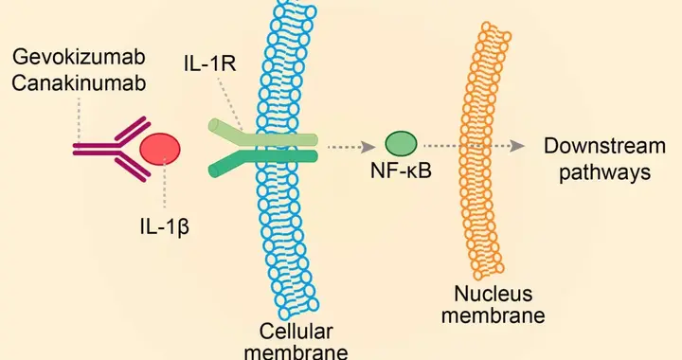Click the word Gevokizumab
point(79,57)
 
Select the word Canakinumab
point(79,83)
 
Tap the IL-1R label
point(210,63)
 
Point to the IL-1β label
point(165,227)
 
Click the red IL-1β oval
point(160,150)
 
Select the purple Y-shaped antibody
point(112,149)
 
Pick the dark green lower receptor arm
point(262,161)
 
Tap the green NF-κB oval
point(401,144)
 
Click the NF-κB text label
point(401,171)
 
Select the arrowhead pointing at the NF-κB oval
point(369,148)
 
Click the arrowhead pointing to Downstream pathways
point(517,146)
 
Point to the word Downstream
point(604,146)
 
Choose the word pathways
point(604,172)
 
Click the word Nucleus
point(493,294)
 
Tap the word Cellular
point(296,332)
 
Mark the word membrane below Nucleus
point(493,315)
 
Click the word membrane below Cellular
point(296,351)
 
